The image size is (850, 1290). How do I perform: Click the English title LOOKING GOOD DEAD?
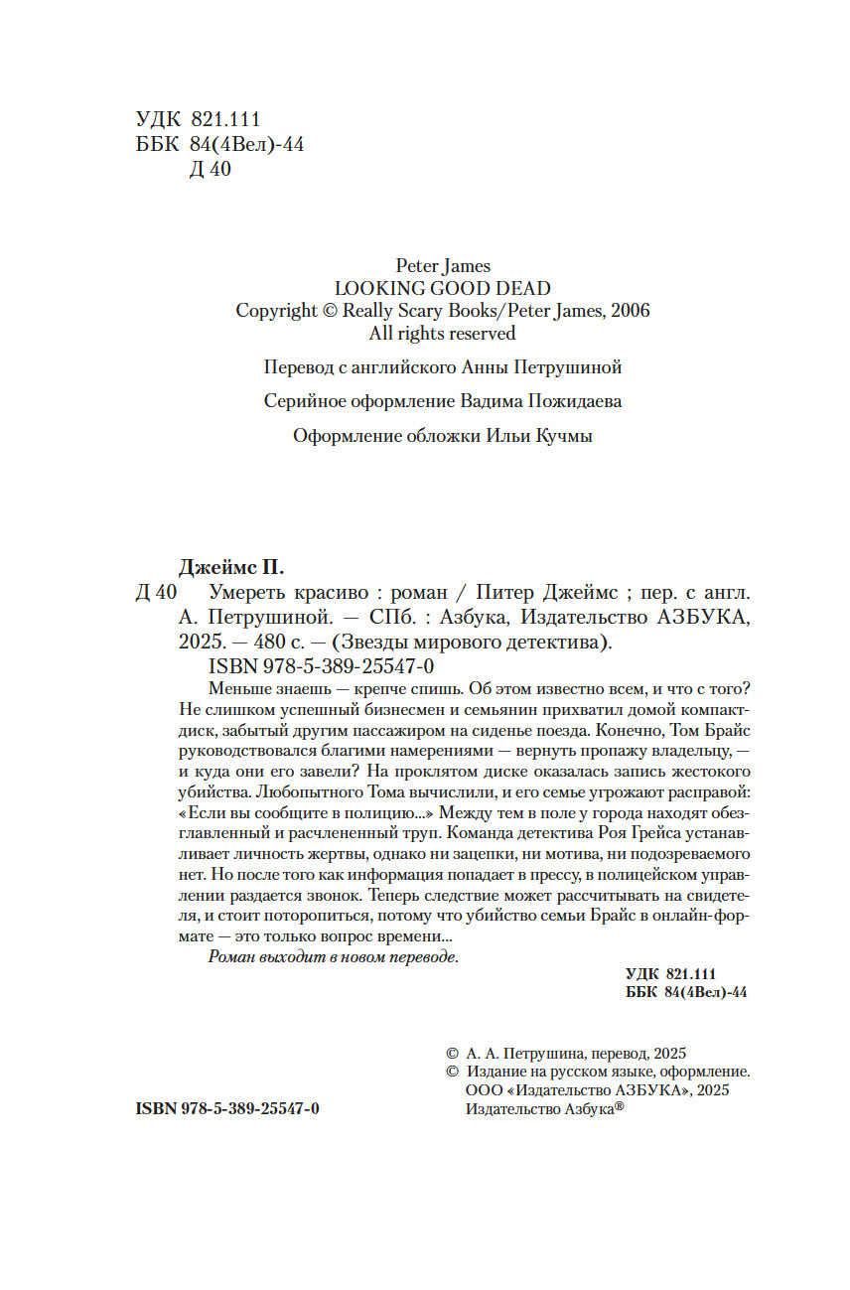[442, 288]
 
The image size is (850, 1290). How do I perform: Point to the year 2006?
[627, 310]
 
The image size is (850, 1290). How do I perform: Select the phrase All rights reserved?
[442, 333]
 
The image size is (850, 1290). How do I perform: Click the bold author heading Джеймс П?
[230, 569]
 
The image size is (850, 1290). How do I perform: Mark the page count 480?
[262, 642]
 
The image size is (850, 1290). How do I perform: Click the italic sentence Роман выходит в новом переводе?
[334, 956]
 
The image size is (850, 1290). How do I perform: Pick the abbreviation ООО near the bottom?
[483, 1090]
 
